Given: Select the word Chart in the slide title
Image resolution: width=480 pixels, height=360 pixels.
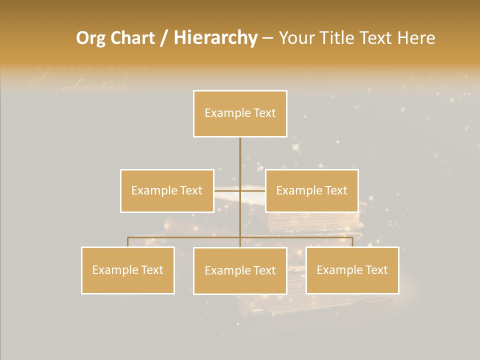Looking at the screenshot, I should tap(132, 38).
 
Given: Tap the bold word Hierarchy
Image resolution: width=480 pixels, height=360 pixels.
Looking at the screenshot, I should tap(215, 38).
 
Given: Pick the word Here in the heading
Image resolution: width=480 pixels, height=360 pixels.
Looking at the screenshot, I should tap(416, 38).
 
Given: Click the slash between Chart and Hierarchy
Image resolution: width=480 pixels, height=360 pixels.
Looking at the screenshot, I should tap(164, 38).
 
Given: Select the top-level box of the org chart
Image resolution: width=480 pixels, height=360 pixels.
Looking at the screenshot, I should tap(240, 113).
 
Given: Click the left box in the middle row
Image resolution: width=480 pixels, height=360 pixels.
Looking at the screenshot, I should tap(167, 190).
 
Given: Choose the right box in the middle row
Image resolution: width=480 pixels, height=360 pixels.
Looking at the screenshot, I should tap(311, 190).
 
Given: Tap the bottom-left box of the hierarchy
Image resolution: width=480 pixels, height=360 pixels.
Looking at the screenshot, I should tap(128, 270).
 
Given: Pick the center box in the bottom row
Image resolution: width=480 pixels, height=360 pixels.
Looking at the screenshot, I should tap(240, 270).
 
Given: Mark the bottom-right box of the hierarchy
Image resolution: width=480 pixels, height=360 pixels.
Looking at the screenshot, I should tap(352, 270).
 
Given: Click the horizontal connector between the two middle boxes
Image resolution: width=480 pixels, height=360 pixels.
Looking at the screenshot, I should tap(240, 190).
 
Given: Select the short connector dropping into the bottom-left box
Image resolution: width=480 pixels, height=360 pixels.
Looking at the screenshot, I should tap(128, 242).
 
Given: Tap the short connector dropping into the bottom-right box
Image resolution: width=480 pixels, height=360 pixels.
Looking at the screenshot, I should tap(352, 242).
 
